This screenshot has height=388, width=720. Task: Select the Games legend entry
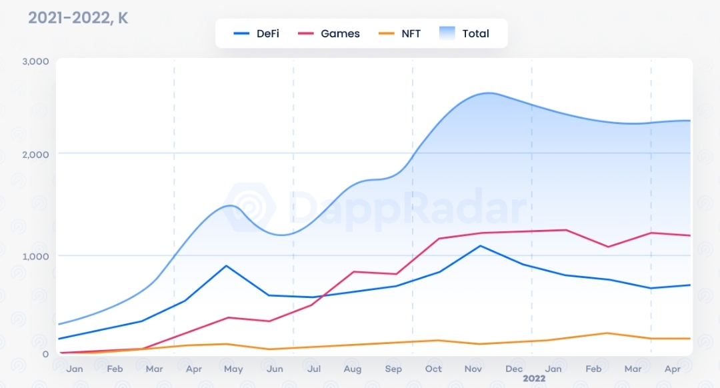pyautogui.click(x=329, y=33)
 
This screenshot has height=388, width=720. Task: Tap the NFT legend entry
pyautogui.click(x=399, y=33)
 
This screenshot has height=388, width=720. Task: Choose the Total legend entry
pyautogui.click(x=465, y=33)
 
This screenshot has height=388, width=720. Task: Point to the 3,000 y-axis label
pyautogui.click(x=36, y=61)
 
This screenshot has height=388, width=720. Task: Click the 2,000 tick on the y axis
pyautogui.click(x=36, y=154)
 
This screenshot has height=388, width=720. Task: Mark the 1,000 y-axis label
pyautogui.click(x=36, y=256)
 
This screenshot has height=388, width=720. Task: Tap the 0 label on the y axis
pyautogui.click(x=45, y=354)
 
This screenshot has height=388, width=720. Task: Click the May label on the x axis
pyautogui.click(x=233, y=369)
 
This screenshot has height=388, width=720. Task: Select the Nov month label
pyautogui.click(x=473, y=369)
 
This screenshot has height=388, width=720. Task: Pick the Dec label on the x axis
pyautogui.click(x=513, y=369)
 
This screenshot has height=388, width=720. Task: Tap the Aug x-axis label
pyautogui.click(x=353, y=369)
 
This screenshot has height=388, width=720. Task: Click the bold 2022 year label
pyautogui.click(x=534, y=379)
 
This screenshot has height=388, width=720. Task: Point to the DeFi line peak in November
pyautogui.click(x=479, y=245)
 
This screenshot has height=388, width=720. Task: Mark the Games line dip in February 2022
pyautogui.click(x=607, y=247)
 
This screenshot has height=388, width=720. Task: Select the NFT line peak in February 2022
pyautogui.click(x=607, y=333)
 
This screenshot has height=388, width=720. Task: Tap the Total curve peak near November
pyautogui.click(x=489, y=93)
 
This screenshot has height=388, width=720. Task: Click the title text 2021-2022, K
pyautogui.click(x=78, y=18)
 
